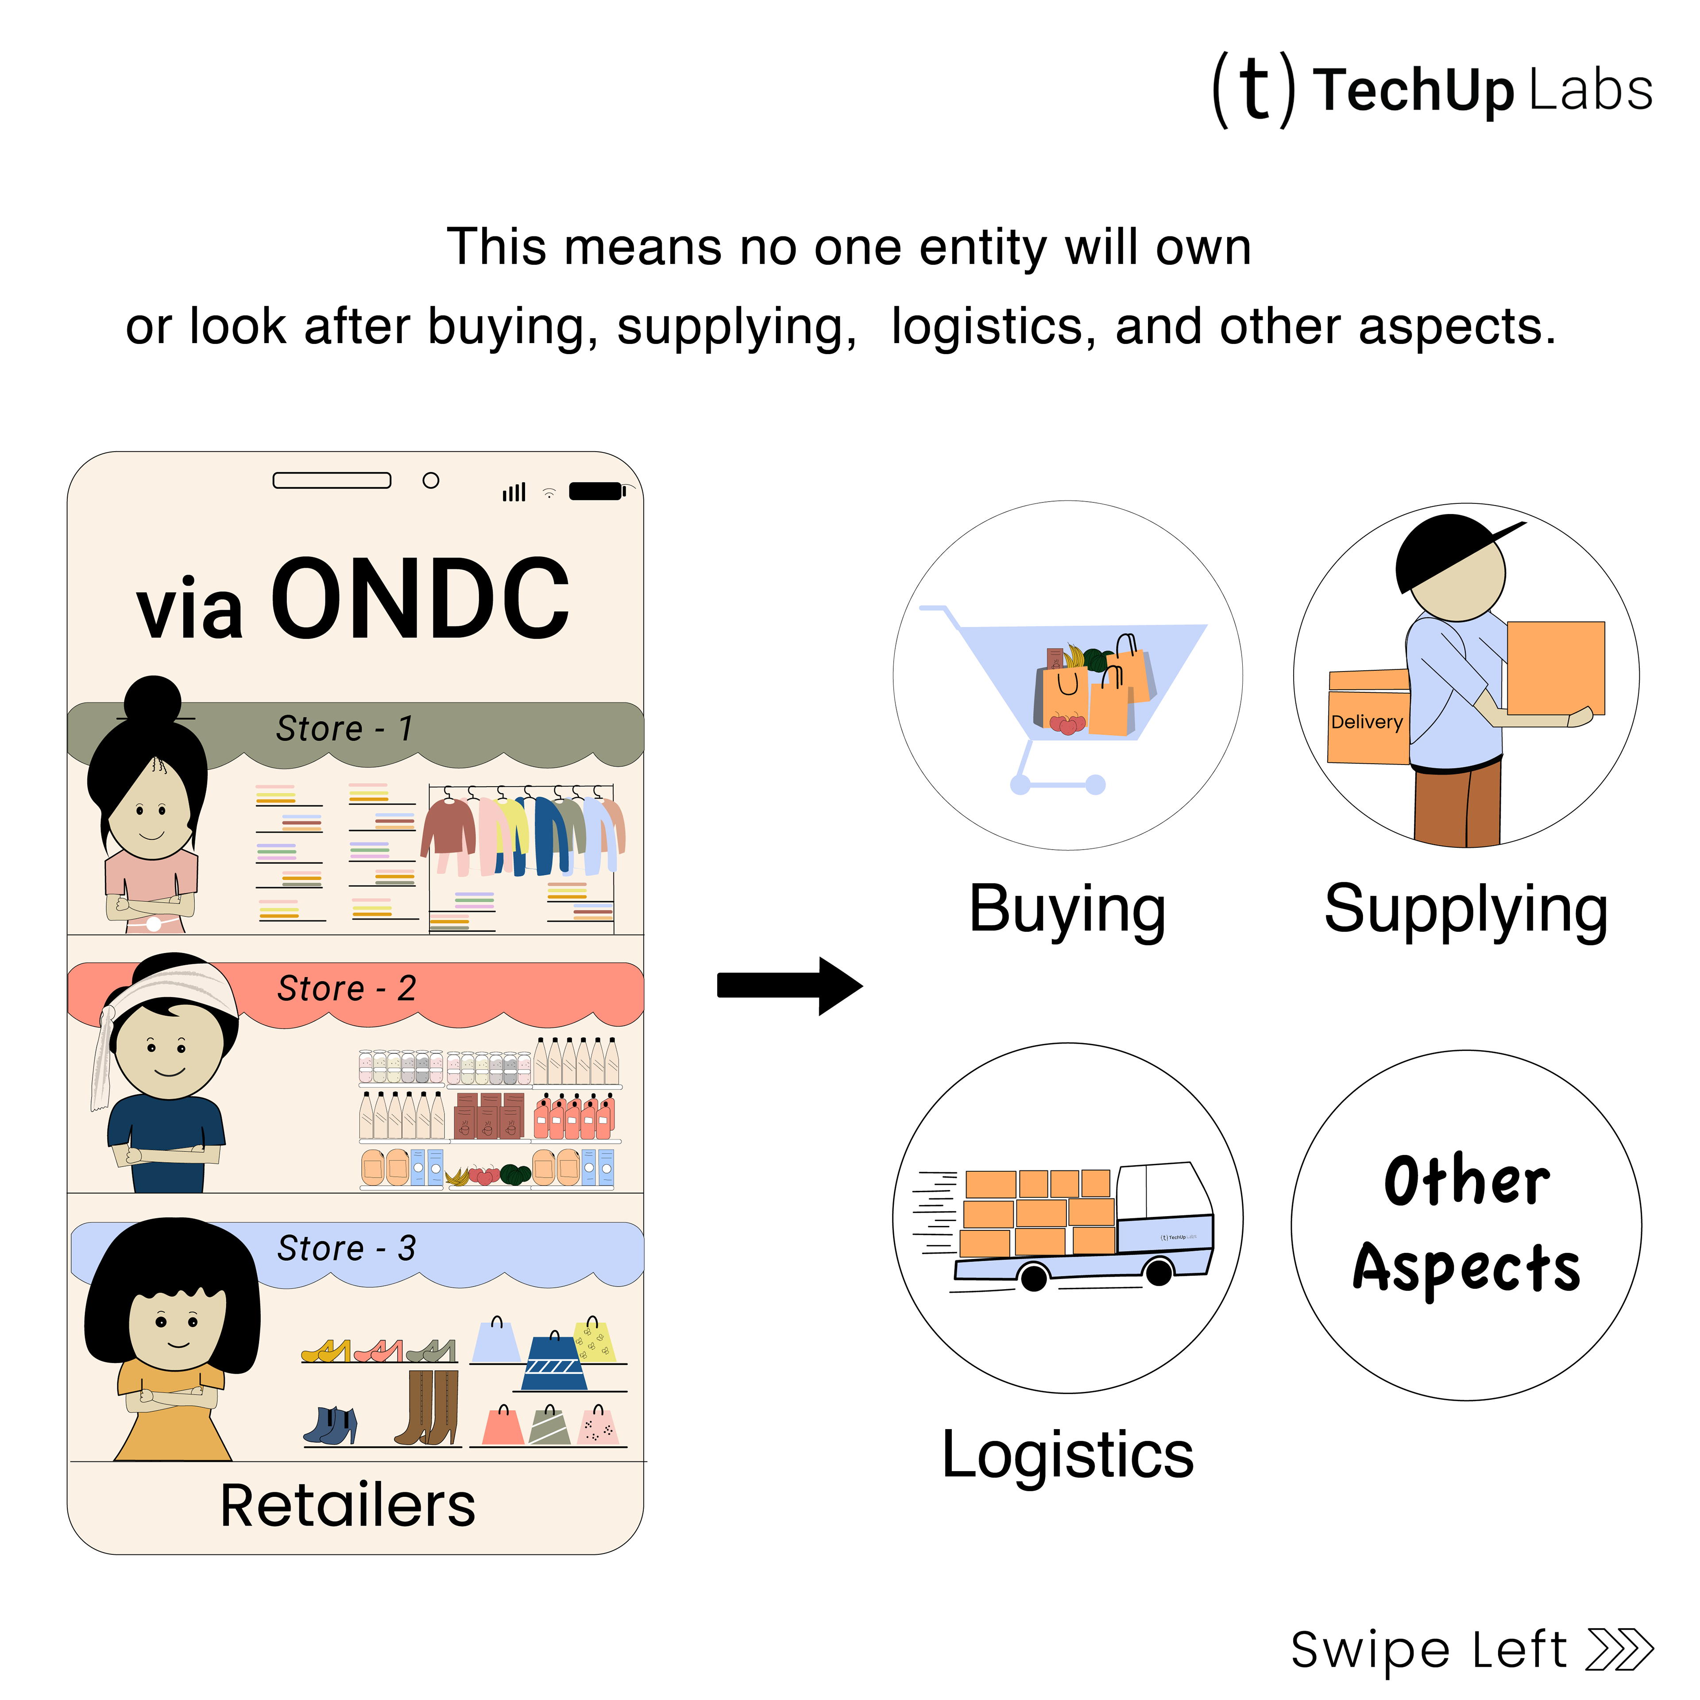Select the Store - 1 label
click(344, 729)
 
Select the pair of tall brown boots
click(429, 1408)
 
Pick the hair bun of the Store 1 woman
click(153, 701)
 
